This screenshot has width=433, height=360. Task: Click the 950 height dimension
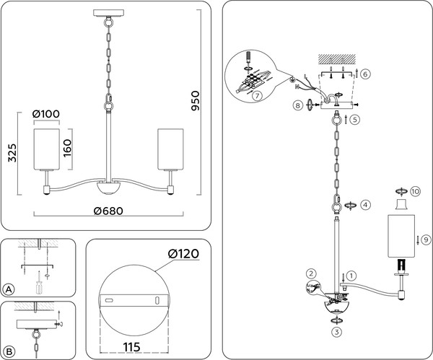196,101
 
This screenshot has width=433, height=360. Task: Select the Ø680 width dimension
108,211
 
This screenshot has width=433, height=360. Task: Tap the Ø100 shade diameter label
46,114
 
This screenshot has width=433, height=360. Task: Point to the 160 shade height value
67,148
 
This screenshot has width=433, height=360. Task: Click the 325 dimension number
12,153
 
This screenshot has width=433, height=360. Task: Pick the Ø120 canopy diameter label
183,254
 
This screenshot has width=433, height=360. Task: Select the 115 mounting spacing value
131,347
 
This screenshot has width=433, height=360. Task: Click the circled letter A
9,289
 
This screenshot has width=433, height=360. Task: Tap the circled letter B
9,352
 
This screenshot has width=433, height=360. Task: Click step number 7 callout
257,96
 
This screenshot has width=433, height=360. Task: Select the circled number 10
415,191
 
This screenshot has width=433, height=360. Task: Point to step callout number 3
336,332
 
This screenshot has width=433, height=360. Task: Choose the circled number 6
365,74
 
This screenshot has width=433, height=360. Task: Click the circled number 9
426,240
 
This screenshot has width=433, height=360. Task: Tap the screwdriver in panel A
39,283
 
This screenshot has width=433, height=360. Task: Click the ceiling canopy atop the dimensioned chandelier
108,13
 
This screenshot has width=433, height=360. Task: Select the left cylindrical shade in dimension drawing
47,149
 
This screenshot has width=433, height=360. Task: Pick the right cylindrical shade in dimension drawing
170,149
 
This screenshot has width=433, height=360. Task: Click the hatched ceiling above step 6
337,58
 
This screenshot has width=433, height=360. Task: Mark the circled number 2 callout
311,273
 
